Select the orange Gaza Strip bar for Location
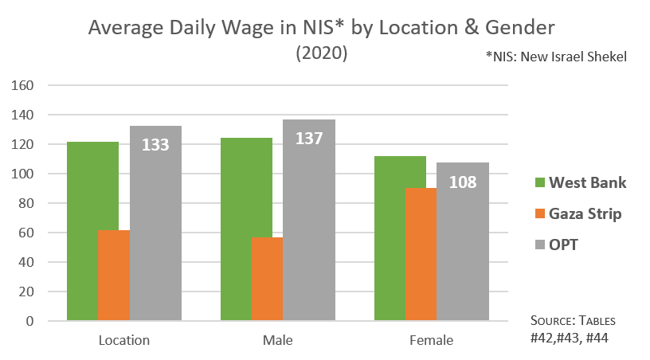114,276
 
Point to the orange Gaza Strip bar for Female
421,255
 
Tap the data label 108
462,182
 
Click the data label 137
309,139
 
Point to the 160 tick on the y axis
25,85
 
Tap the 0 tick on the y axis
30,321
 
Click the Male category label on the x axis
277,341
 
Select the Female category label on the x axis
431,341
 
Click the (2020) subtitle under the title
322,53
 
